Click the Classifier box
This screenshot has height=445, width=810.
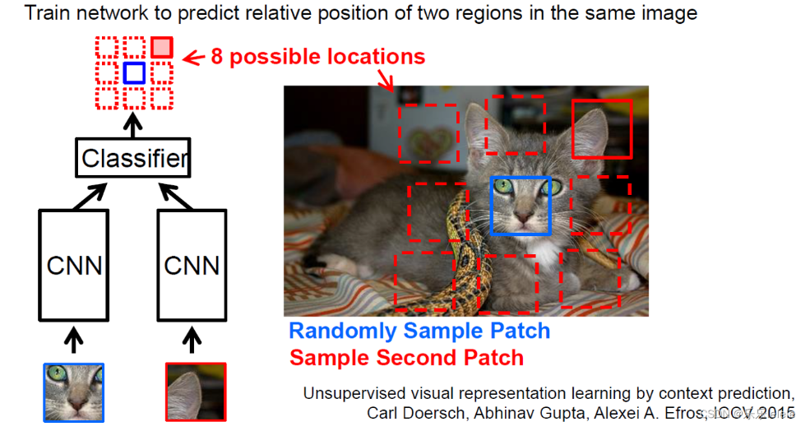(133, 158)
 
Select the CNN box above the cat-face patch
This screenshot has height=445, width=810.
(74, 265)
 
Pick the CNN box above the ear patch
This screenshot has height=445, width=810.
(192, 265)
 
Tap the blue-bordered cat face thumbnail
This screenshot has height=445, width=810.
(74, 392)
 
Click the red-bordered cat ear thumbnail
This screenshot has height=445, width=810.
(195, 392)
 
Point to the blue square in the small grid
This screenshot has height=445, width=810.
(134, 73)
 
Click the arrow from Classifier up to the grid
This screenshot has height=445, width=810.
(132, 125)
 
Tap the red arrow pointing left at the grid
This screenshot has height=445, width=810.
(193, 58)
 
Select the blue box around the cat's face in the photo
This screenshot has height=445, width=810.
(520, 206)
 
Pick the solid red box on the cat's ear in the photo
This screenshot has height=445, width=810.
(602, 128)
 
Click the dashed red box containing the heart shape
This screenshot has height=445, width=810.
(428, 133)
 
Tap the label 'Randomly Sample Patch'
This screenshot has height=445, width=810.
(419, 331)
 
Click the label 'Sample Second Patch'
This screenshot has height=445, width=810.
(406, 358)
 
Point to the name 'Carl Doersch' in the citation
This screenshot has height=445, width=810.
(407, 413)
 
